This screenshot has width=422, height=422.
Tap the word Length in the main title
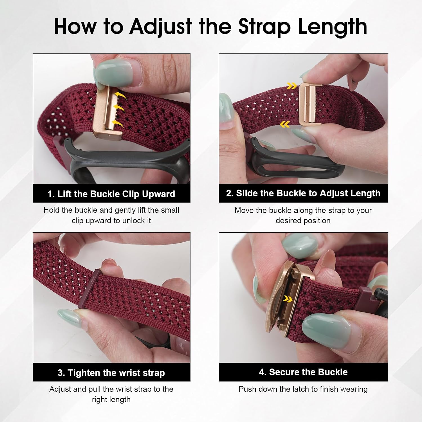[333, 27]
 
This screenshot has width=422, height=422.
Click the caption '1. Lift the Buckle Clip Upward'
[111, 194]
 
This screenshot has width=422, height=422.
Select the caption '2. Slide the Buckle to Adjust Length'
[303, 193]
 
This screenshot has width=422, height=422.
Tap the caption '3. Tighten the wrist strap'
[111, 373]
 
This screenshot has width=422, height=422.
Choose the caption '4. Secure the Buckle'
[303, 372]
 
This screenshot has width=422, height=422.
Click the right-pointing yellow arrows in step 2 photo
[292, 86]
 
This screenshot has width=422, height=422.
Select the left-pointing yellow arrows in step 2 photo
[285, 124]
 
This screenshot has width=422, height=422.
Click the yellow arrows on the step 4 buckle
[288, 299]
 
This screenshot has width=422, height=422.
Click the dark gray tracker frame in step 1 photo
[127, 158]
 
